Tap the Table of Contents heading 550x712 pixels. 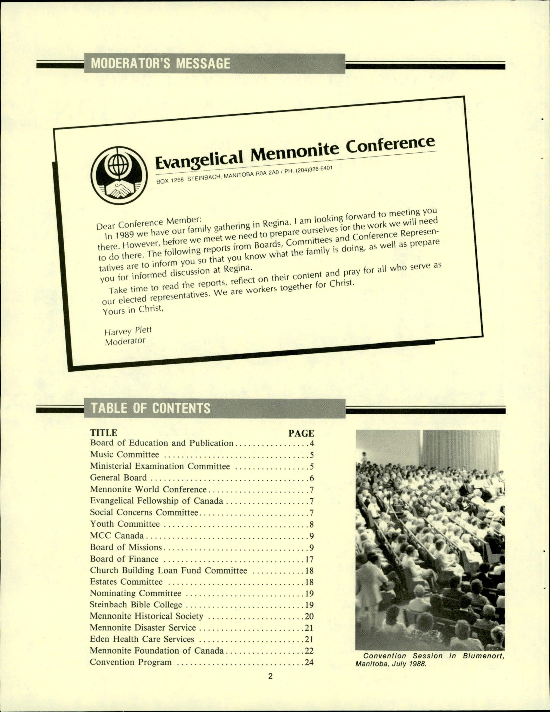click(151, 408)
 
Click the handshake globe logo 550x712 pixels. click(119, 175)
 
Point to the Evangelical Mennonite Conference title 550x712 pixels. click(295, 153)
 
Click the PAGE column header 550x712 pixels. click(301, 433)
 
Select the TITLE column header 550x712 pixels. click(104, 433)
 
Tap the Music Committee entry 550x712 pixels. click(125, 454)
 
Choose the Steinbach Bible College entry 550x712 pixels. click(136, 605)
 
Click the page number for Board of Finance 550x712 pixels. click(309, 559)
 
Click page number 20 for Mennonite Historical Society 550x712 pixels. click(309, 617)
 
